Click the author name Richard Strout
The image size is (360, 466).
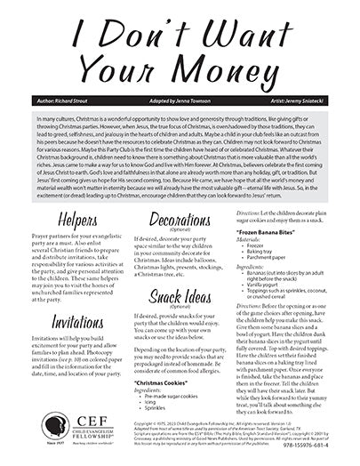point(56,103)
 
